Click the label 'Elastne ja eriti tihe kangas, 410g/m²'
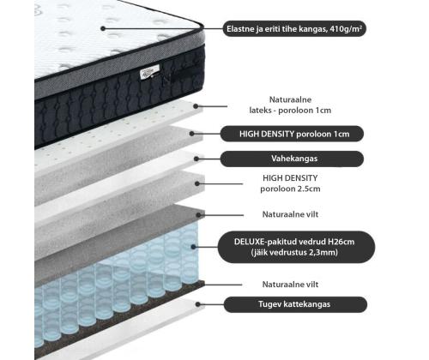click(x=294, y=29)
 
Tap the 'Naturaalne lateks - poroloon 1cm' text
click(x=290, y=105)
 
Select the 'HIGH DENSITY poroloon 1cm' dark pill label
click(x=292, y=134)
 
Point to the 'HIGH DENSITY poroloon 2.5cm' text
click(x=290, y=183)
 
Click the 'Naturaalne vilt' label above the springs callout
click(x=290, y=214)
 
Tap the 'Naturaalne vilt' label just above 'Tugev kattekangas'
click(x=290, y=285)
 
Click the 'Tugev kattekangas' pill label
click(x=295, y=304)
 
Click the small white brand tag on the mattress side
click(x=149, y=72)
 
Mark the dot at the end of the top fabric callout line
click(x=103, y=28)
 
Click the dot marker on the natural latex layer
click(x=196, y=106)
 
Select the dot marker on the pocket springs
click(x=194, y=247)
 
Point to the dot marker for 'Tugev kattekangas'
click(x=198, y=304)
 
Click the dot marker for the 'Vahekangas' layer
click(x=196, y=159)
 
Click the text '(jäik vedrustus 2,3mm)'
click(x=294, y=253)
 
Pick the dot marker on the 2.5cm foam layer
click(x=197, y=183)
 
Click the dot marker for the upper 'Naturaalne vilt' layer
click(x=198, y=215)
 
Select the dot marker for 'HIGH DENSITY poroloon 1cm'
click(x=192, y=134)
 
